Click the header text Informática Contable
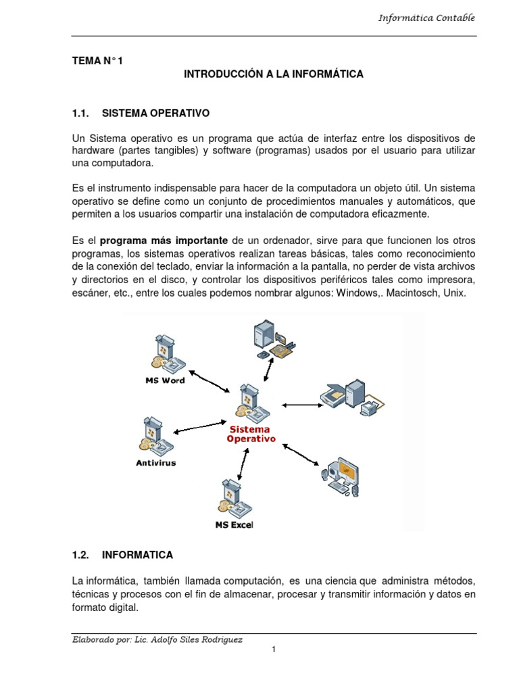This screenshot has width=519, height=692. (x=426, y=18)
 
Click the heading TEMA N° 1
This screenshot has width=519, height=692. (x=98, y=61)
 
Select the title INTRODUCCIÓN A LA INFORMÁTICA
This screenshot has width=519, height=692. (x=274, y=74)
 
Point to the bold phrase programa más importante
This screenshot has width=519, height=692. (x=165, y=241)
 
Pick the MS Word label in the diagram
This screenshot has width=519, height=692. (x=165, y=380)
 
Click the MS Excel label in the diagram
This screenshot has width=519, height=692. (x=234, y=524)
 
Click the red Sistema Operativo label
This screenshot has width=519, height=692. (x=249, y=434)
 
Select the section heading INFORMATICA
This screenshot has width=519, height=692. (x=137, y=555)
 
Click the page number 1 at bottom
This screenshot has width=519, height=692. (x=274, y=649)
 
